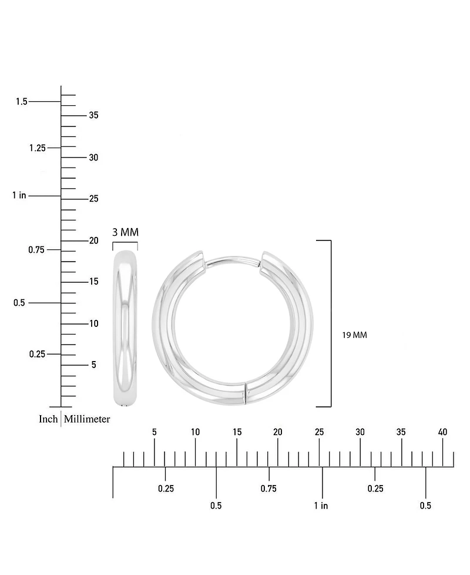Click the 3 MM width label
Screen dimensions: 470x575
click(x=125, y=232)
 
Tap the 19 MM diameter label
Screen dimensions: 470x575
click(x=354, y=335)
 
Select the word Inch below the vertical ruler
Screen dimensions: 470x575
click(x=48, y=419)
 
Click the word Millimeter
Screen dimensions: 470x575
click(x=87, y=419)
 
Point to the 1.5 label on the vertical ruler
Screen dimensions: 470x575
click(x=22, y=101)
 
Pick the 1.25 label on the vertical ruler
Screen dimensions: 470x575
click(x=38, y=148)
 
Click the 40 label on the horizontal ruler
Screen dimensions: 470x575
click(x=442, y=432)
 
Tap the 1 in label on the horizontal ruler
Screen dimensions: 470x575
click(x=321, y=506)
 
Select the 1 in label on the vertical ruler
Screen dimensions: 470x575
click(x=19, y=195)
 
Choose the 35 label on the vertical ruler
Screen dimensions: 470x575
click(x=94, y=115)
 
